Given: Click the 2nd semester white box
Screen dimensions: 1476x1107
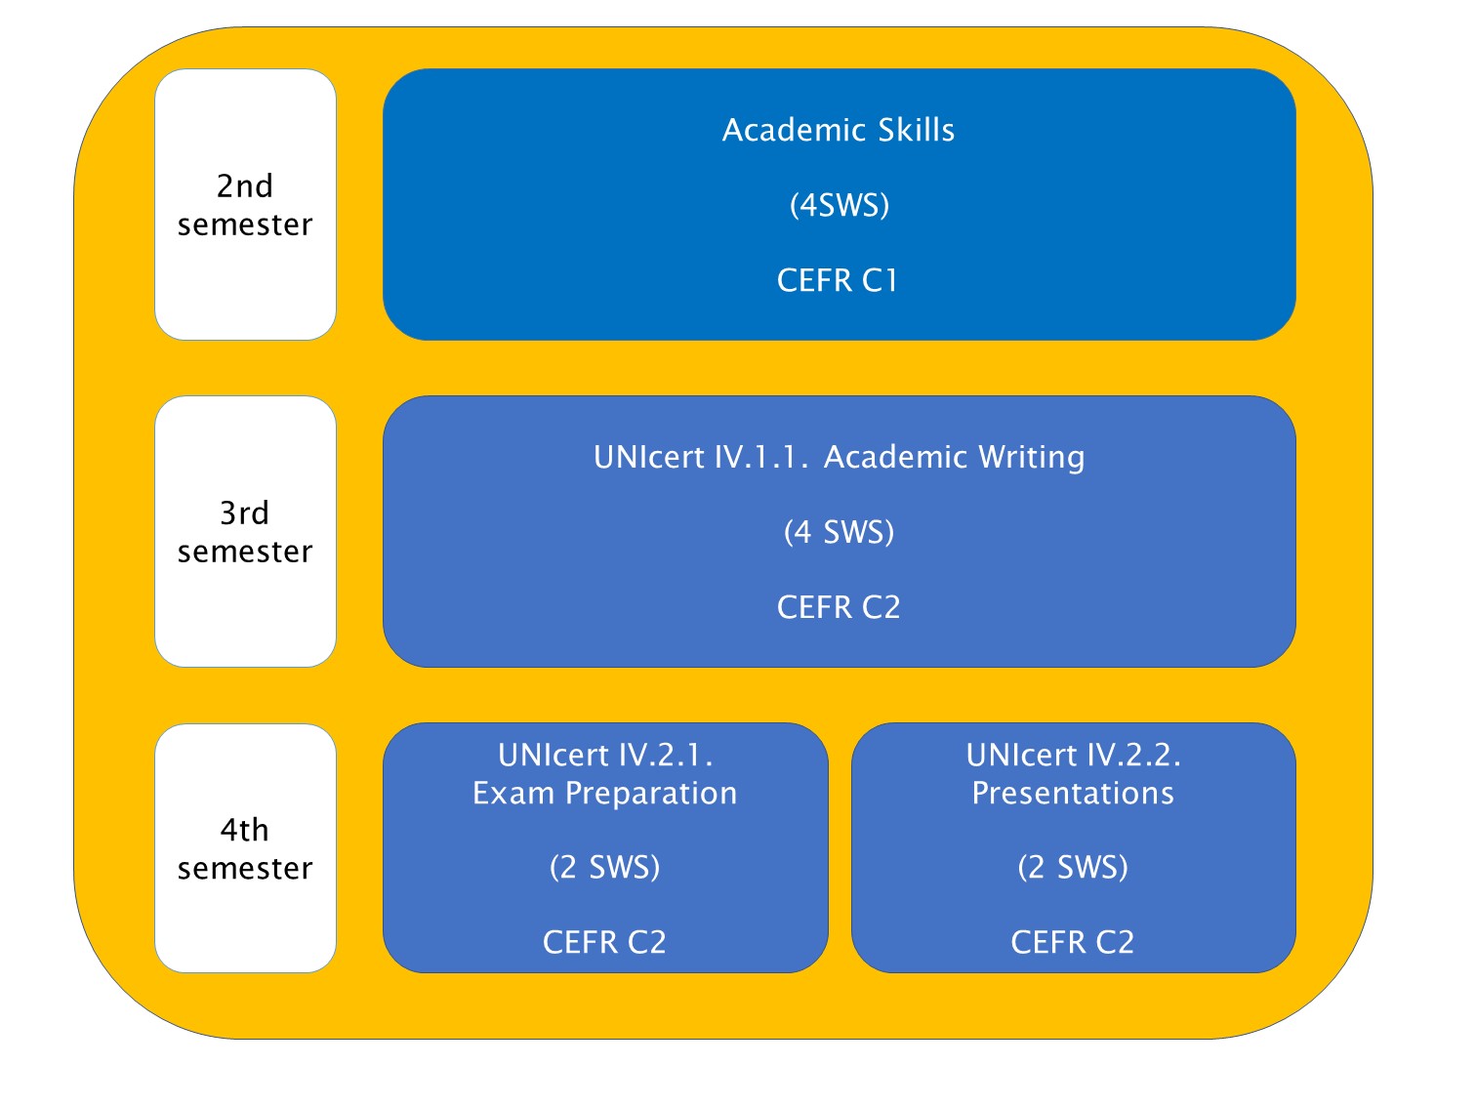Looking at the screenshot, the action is [245, 204].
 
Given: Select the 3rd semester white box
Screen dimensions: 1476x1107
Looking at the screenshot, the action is [245, 532].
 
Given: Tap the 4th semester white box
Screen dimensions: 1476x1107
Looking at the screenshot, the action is [245, 848].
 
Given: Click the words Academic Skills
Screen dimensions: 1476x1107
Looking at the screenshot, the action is [839, 130].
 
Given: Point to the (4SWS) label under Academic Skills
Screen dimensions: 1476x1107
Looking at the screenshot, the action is [840, 205].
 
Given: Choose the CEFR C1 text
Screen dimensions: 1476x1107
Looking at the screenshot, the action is [838, 280].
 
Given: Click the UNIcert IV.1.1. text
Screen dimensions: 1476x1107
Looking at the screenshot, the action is [701, 457].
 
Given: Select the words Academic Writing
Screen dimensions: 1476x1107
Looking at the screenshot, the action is [954, 458].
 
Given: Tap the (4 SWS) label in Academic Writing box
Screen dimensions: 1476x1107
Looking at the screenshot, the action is [840, 532].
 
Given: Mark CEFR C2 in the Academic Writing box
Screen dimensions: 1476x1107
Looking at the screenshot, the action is [839, 607].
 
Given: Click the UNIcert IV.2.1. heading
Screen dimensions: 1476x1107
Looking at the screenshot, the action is [605, 755].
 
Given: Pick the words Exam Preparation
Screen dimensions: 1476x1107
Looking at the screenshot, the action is [604, 793].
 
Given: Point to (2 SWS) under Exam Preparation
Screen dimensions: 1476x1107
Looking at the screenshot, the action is [604, 867].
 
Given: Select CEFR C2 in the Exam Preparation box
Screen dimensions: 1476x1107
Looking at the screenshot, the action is [604, 942].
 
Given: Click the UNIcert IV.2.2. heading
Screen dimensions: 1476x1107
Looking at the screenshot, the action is [1073, 755].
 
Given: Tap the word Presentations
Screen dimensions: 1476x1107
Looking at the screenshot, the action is [1073, 793].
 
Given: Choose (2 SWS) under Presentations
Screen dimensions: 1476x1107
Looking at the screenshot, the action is [1073, 867].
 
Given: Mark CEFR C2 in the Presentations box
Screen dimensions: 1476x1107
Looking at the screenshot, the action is [1073, 942].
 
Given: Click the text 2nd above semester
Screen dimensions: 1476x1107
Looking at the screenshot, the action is [245, 186].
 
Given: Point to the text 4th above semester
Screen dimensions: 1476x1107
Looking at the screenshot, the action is [245, 830].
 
